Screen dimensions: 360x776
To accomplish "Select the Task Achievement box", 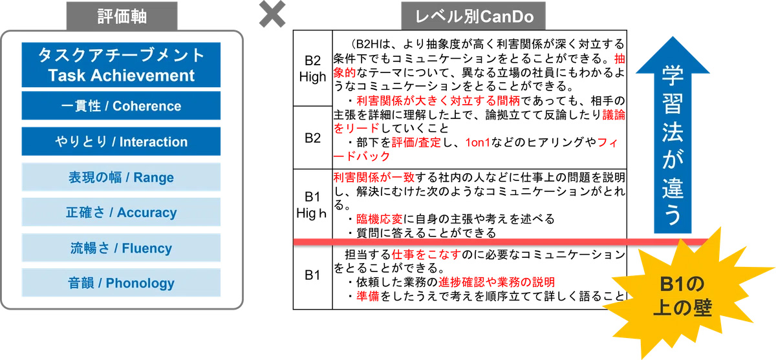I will click(x=122, y=65).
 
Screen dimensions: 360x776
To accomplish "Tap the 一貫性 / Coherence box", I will click(x=122, y=106).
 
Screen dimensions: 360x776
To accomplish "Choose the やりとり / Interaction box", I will click(x=122, y=142).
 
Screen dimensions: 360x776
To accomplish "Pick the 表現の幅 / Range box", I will click(x=122, y=177).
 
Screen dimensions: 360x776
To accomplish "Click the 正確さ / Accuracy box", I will click(x=122, y=212).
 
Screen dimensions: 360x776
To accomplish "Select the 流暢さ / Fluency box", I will click(x=122, y=248).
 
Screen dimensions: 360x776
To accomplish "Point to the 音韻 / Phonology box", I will click(x=122, y=282).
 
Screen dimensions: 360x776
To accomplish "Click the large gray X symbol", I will click(x=273, y=15).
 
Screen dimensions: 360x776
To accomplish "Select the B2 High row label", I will click(x=312, y=68).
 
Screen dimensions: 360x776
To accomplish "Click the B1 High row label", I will click(x=312, y=204).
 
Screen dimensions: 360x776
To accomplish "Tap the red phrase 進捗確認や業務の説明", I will click(x=496, y=282).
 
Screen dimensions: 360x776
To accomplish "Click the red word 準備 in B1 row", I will click(x=366, y=297).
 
